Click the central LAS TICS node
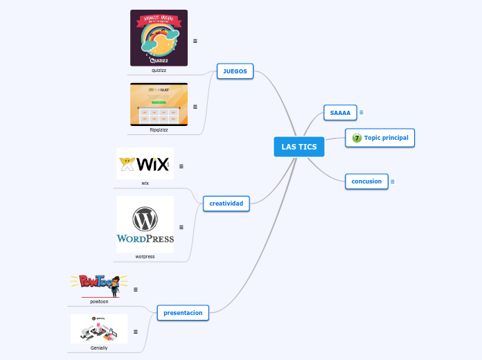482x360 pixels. (299, 147)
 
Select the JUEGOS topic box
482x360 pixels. (235, 71)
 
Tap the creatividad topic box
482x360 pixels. (226, 204)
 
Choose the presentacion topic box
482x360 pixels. (183, 313)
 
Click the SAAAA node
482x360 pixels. (340, 112)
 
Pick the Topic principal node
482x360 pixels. (380, 138)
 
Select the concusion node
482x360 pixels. (366, 181)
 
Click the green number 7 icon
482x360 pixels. (357, 138)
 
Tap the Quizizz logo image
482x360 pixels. (159, 38)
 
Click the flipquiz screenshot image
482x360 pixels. (159, 104)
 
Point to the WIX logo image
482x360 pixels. (145, 163)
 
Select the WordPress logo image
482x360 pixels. (145, 224)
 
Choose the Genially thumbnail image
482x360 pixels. (99, 329)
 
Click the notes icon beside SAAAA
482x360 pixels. (361, 112)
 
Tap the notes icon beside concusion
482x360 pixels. (393, 182)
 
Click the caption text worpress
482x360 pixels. (145, 256)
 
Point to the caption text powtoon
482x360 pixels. (99, 301)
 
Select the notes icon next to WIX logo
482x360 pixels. (181, 166)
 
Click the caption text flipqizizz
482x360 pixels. (159, 129)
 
